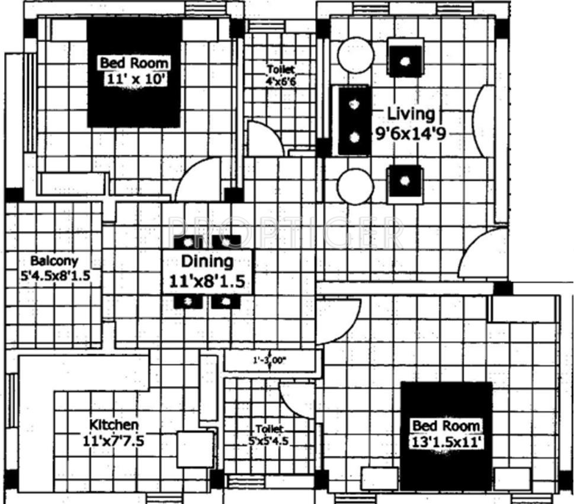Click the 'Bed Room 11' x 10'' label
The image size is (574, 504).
tap(134, 71)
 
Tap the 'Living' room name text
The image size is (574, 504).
tap(411, 113)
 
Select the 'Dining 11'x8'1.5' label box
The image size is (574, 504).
tap(207, 271)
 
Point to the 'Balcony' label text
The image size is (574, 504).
tap(54, 261)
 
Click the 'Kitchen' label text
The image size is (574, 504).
tap(114, 425)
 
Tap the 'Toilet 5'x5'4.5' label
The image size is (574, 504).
tap(269, 435)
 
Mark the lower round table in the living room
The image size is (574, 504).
tap(355, 186)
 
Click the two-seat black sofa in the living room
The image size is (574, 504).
tap(354, 121)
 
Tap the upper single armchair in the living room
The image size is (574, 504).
tap(406, 59)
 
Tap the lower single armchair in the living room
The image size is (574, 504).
tap(406, 182)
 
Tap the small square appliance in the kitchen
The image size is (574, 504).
tap(195, 449)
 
